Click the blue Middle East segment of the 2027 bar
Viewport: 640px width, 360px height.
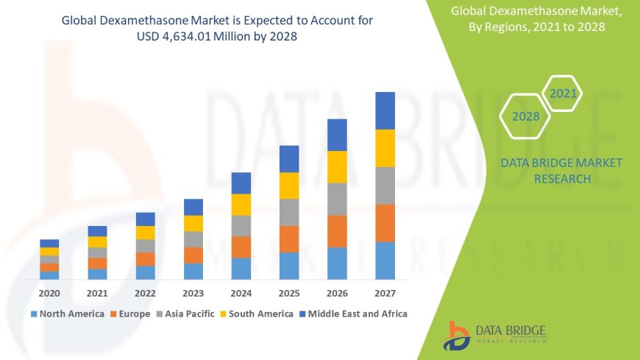(x=385, y=110)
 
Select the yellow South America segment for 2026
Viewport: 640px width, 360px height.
(x=337, y=166)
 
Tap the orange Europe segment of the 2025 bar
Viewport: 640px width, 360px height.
(x=289, y=239)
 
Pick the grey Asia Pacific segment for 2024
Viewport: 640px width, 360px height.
(x=241, y=225)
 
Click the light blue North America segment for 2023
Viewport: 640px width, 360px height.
(x=193, y=271)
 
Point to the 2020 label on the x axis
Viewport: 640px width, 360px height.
(x=49, y=293)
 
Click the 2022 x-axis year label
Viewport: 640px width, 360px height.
(x=145, y=293)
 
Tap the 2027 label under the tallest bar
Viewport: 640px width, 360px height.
(x=385, y=293)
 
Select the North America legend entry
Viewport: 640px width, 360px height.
(x=67, y=314)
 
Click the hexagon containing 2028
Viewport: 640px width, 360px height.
(x=525, y=116)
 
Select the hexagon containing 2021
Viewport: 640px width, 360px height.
(x=563, y=93)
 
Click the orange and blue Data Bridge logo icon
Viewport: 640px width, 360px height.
(x=458, y=336)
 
